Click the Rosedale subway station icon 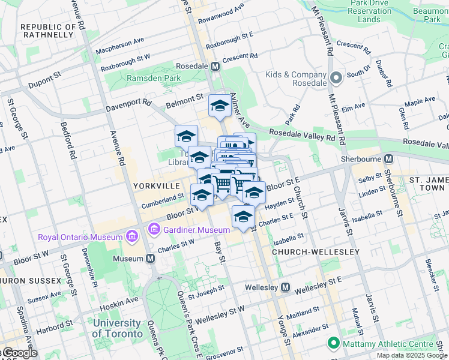pyautogui.click(x=214, y=66)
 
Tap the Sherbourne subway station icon pyautogui.click(x=389, y=159)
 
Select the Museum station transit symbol pyautogui.click(x=150, y=259)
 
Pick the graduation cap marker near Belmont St pyautogui.click(x=220, y=106)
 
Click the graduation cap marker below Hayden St pyautogui.click(x=243, y=217)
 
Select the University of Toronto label pyautogui.click(x=125, y=329)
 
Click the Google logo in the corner pyautogui.click(x=19, y=353)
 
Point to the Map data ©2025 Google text pyautogui.click(x=411, y=355)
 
